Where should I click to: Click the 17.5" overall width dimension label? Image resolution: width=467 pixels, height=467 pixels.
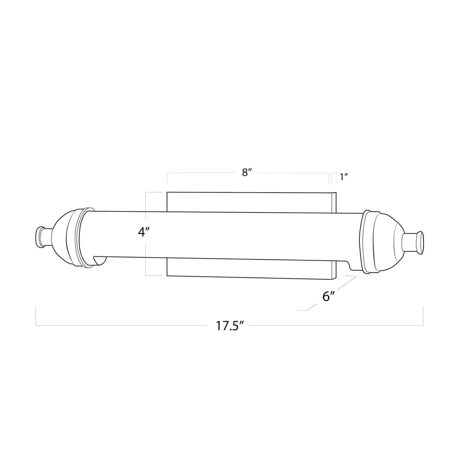230,326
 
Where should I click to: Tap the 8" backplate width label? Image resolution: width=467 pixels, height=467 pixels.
247,173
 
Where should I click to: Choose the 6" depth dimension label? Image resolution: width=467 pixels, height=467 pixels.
329,296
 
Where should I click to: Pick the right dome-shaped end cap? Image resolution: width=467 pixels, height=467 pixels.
386,243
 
